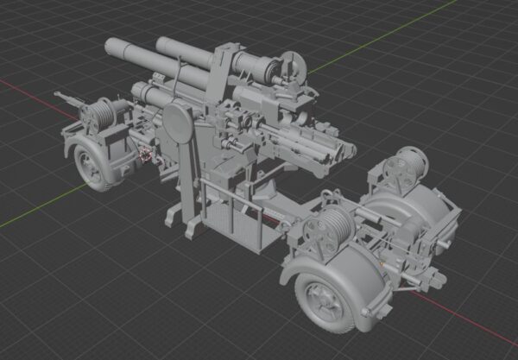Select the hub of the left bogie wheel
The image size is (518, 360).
point(90,163)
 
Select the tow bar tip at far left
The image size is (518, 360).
point(57,94)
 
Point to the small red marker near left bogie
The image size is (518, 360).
point(146,156)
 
